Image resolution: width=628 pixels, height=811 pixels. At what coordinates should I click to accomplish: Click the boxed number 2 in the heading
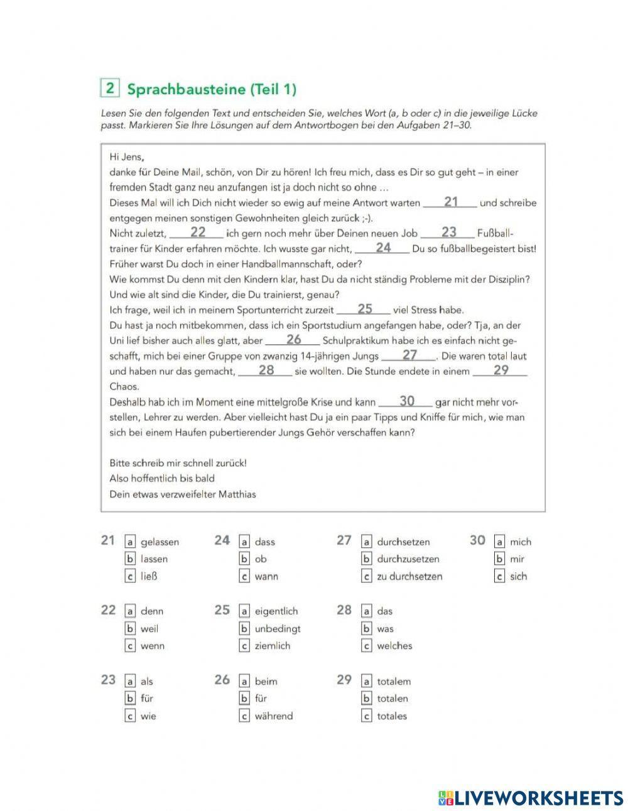pyautogui.click(x=110, y=88)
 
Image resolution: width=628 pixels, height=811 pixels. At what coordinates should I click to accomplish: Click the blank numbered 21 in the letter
pyautogui.click(x=450, y=202)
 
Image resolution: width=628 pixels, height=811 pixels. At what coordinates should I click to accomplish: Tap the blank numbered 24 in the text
pyautogui.click(x=383, y=248)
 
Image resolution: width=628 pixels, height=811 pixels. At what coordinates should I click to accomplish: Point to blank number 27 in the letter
pyautogui.click(x=409, y=356)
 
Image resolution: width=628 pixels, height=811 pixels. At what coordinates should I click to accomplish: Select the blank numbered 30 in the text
pyautogui.click(x=406, y=401)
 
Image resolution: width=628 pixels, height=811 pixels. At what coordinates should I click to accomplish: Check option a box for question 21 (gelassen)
pyautogui.click(x=131, y=542)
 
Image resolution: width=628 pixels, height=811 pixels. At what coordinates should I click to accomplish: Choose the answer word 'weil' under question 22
pyautogui.click(x=149, y=628)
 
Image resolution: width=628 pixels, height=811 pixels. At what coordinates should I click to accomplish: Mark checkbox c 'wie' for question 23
pyautogui.click(x=131, y=716)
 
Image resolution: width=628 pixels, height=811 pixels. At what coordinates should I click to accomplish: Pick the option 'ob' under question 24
pyautogui.click(x=261, y=559)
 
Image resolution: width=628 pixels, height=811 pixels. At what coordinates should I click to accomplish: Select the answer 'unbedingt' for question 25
pyautogui.click(x=278, y=628)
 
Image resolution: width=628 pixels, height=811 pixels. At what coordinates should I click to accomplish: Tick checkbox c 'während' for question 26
pyautogui.click(x=245, y=716)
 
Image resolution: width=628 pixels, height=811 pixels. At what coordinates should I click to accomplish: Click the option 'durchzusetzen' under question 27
pyautogui.click(x=408, y=559)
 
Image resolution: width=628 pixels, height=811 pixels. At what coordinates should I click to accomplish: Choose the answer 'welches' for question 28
pyautogui.click(x=394, y=646)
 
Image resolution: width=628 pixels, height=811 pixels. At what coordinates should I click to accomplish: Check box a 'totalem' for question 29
pyautogui.click(x=367, y=681)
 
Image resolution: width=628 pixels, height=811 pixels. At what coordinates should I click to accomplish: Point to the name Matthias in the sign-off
pyautogui.click(x=237, y=494)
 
